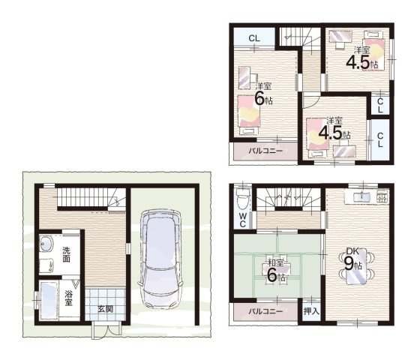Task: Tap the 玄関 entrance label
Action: (x=106, y=309)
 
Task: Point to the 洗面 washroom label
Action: (x=67, y=254)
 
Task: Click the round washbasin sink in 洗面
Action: (x=46, y=244)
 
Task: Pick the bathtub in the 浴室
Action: (x=49, y=301)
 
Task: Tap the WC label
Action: (x=242, y=220)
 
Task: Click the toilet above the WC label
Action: (x=242, y=199)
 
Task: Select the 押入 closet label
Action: (x=311, y=311)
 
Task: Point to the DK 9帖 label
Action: (x=353, y=259)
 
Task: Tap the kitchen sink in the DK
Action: (x=361, y=196)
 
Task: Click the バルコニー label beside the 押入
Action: (x=265, y=311)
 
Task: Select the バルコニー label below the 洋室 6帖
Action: (x=265, y=151)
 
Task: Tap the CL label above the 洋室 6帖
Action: (x=254, y=38)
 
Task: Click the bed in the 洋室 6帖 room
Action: (x=249, y=115)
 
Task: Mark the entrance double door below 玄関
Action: (x=106, y=331)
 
